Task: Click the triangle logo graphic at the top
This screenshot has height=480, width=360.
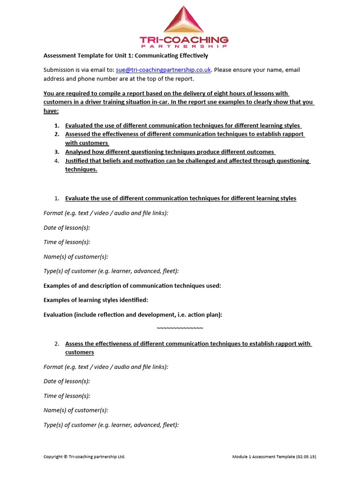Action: coord(184,21)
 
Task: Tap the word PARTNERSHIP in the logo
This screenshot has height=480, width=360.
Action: coord(184,46)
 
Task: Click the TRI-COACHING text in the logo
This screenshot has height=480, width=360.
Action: coord(184,40)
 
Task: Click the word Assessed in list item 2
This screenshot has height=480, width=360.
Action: coord(79,134)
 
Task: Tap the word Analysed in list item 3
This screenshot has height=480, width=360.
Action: coord(78,152)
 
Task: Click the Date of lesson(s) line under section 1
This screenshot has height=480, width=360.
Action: coord(67,227)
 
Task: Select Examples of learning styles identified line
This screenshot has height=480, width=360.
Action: coord(96,300)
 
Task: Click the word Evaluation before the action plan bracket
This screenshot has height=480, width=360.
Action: coord(58,315)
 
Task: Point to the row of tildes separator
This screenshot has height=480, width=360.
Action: coord(180,328)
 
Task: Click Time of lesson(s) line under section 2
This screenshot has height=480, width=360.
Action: coord(67,396)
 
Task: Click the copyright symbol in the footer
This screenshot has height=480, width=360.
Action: coord(66,457)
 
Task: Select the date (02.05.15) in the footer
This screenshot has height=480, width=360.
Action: coord(306,457)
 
